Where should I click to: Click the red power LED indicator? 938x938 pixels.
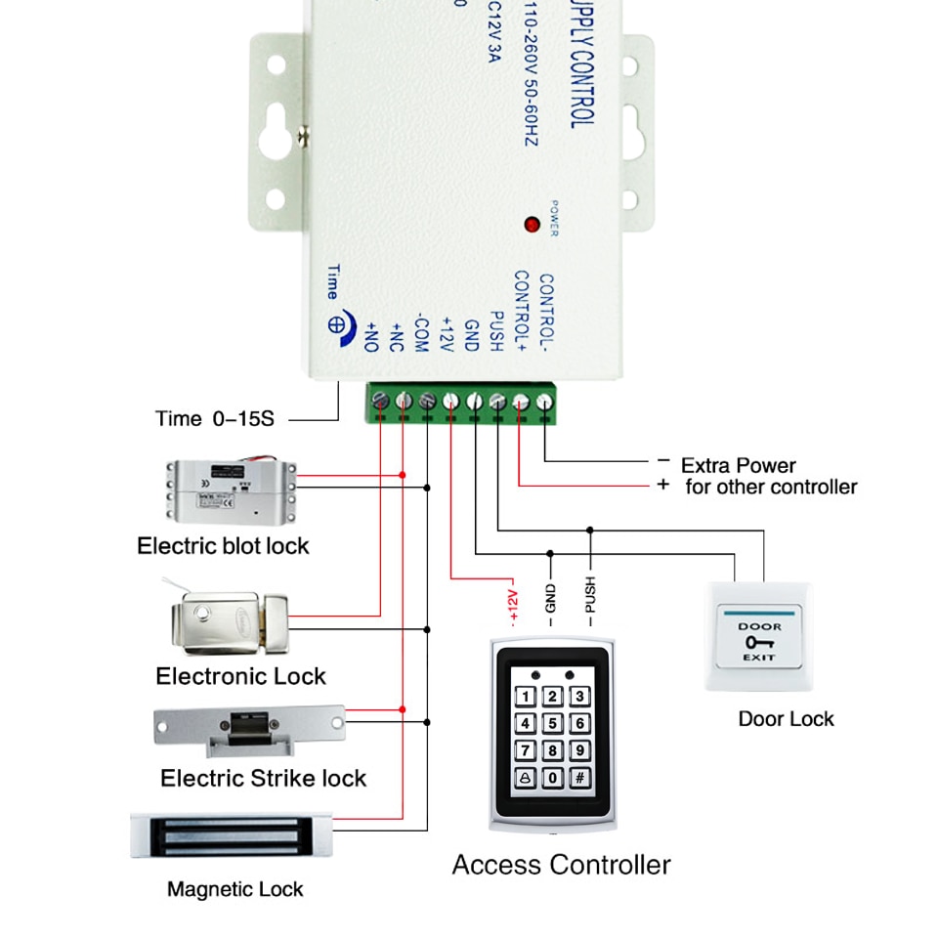click(x=532, y=224)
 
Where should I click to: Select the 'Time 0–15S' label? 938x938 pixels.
click(x=215, y=419)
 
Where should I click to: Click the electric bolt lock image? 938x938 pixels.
click(x=230, y=491)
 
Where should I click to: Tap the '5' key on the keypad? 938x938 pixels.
click(x=553, y=724)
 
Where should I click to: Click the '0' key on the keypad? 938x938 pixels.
click(x=553, y=778)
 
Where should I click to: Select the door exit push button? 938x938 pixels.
click(x=758, y=637)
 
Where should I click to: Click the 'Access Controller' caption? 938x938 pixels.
click(x=561, y=865)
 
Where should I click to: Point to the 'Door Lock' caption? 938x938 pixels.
click(x=786, y=719)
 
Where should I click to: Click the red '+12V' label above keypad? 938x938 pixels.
click(x=512, y=604)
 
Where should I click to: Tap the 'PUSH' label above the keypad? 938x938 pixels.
click(x=589, y=596)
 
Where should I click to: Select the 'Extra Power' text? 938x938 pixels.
click(x=738, y=465)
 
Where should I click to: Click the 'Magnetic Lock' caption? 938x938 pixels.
click(x=234, y=889)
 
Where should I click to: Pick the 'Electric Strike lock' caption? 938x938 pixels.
click(x=263, y=779)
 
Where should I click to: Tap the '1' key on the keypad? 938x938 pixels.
click(x=526, y=697)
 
